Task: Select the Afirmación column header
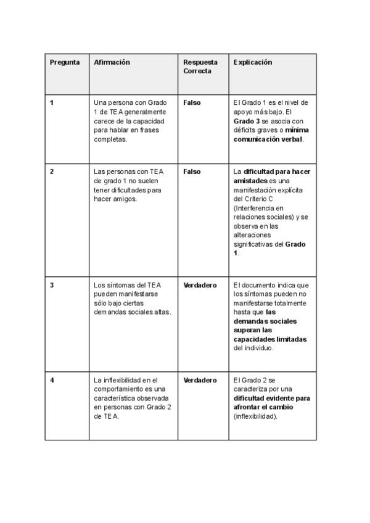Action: click(112, 62)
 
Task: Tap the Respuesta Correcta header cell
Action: click(200, 67)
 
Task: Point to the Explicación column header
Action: click(253, 62)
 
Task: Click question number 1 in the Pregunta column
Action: click(52, 102)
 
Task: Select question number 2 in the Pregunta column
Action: click(52, 171)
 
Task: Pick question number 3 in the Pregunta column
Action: click(52, 285)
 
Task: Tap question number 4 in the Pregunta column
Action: click(52, 380)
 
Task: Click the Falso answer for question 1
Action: click(192, 102)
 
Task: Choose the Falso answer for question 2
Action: click(192, 171)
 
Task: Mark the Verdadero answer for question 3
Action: click(200, 285)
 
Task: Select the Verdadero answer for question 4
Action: click(200, 380)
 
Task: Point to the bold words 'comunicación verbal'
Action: click(268, 139)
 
